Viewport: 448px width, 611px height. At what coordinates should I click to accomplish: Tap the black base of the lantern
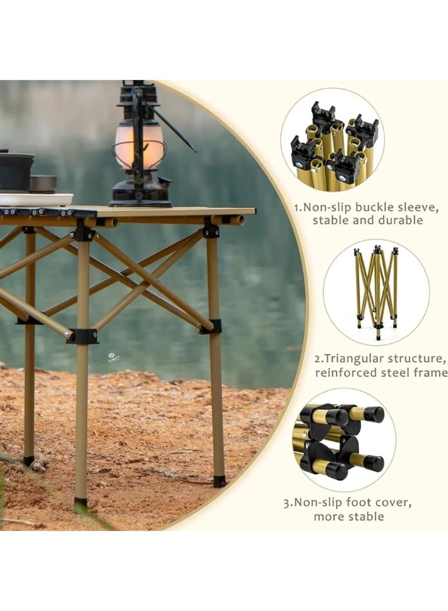(x=140, y=194)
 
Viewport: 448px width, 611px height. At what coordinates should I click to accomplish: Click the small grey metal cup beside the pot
(x=43, y=184)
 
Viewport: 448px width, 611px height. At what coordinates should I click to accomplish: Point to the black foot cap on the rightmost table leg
(x=219, y=481)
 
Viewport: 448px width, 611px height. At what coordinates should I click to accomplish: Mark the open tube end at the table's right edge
(x=238, y=220)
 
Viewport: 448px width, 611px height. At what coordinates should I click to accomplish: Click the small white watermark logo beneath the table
(x=114, y=358)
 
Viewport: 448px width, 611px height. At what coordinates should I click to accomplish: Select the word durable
(x=401, y=220)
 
